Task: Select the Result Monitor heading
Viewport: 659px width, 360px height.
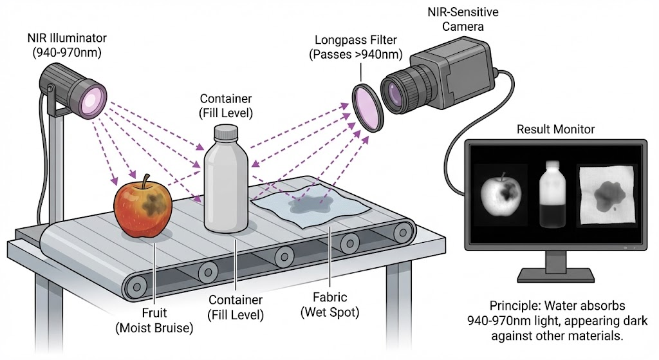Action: click(555, 129)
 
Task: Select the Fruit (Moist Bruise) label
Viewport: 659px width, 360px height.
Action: click(153, 321)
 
